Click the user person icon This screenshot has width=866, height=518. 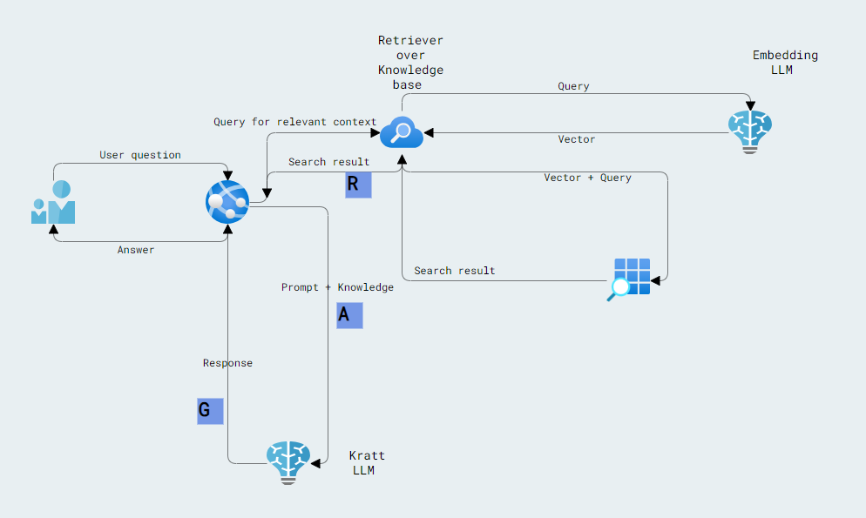[x=53, y=202]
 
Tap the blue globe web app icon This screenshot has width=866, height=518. [x=227, y=202]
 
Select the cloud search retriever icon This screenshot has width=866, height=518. [x=402, y=132]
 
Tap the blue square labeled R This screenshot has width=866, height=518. [x=358, y=185]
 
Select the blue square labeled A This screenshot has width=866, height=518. [x=349, y=315]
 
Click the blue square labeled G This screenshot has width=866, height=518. [x=210, y=411]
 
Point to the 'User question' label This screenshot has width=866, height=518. [x=140, y=155]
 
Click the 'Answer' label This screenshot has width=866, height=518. [x=136, y=250]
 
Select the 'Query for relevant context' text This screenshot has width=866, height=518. [x=295, y=122]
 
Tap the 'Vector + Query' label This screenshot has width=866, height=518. [x=587, y=178]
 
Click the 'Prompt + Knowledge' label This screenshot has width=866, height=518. [x=337, y=287]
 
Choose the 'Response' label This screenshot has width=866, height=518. [x=227, y=363]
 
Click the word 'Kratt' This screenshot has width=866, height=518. [x=367, y=456]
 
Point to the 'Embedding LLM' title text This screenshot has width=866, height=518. [x=785, y=62]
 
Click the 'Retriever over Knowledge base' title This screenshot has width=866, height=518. [x=410, y=63]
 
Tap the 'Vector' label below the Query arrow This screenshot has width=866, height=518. [x=577, y=139]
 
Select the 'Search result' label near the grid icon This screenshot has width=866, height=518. [x=455, y=271]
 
